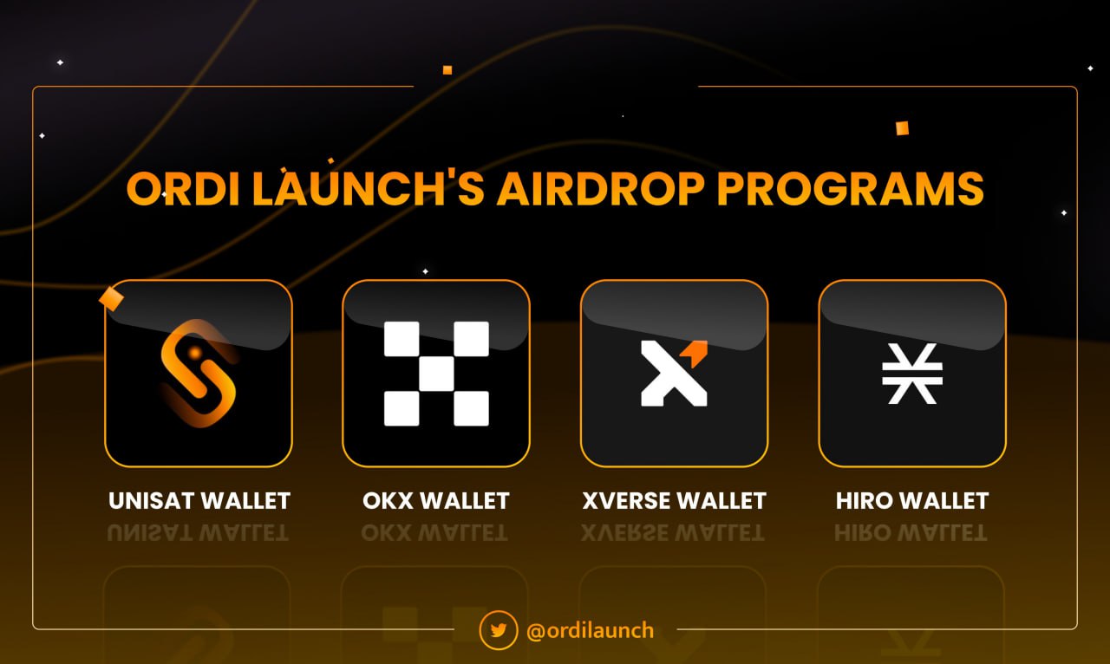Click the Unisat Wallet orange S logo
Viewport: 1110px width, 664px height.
pos(199,374)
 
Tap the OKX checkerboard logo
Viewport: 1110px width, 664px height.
pos(436,374)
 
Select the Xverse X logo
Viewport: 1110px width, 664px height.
pos(674,374)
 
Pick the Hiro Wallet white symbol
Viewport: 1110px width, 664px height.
pos(912,374)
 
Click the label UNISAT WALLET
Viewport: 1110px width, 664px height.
pos(199,501)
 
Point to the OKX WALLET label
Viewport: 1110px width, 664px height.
pos(436,501)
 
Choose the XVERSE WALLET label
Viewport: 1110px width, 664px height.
pos(674,501)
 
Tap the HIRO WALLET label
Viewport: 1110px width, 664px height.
pos(912,501)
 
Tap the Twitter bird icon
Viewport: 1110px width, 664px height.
pos(499,630)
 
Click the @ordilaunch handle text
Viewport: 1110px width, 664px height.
pos(590,630)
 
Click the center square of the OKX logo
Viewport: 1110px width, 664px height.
pos(436,374)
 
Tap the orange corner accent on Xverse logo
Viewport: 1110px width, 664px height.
pos(695,350)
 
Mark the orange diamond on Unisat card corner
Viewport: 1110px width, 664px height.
pos(112,299)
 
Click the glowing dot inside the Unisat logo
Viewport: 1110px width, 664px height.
pos(195,352)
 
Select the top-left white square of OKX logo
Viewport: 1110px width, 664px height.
pos(402,339)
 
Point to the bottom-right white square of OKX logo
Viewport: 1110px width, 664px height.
pos(471,408)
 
